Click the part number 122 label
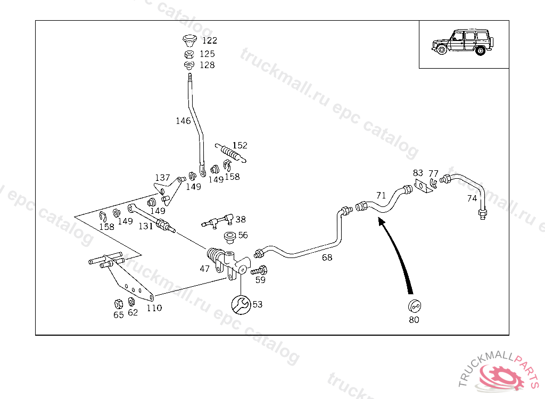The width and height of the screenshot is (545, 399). point(209,40)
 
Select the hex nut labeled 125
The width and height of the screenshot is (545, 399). point(189,54)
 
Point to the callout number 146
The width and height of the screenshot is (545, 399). point(183,121)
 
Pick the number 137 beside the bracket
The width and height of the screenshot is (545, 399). point(162,178)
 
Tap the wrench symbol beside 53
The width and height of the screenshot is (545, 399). point(240,304)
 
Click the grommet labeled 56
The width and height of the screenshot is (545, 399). point(231,236)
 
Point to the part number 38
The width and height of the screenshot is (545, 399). point(241,219)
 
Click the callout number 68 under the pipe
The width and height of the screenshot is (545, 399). point(327,257)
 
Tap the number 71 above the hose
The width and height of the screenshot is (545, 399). point(381,195)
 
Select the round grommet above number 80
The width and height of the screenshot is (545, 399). point(414,306)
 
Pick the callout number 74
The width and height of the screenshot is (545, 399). point(472,198)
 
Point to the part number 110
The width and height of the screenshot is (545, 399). point(154,308)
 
